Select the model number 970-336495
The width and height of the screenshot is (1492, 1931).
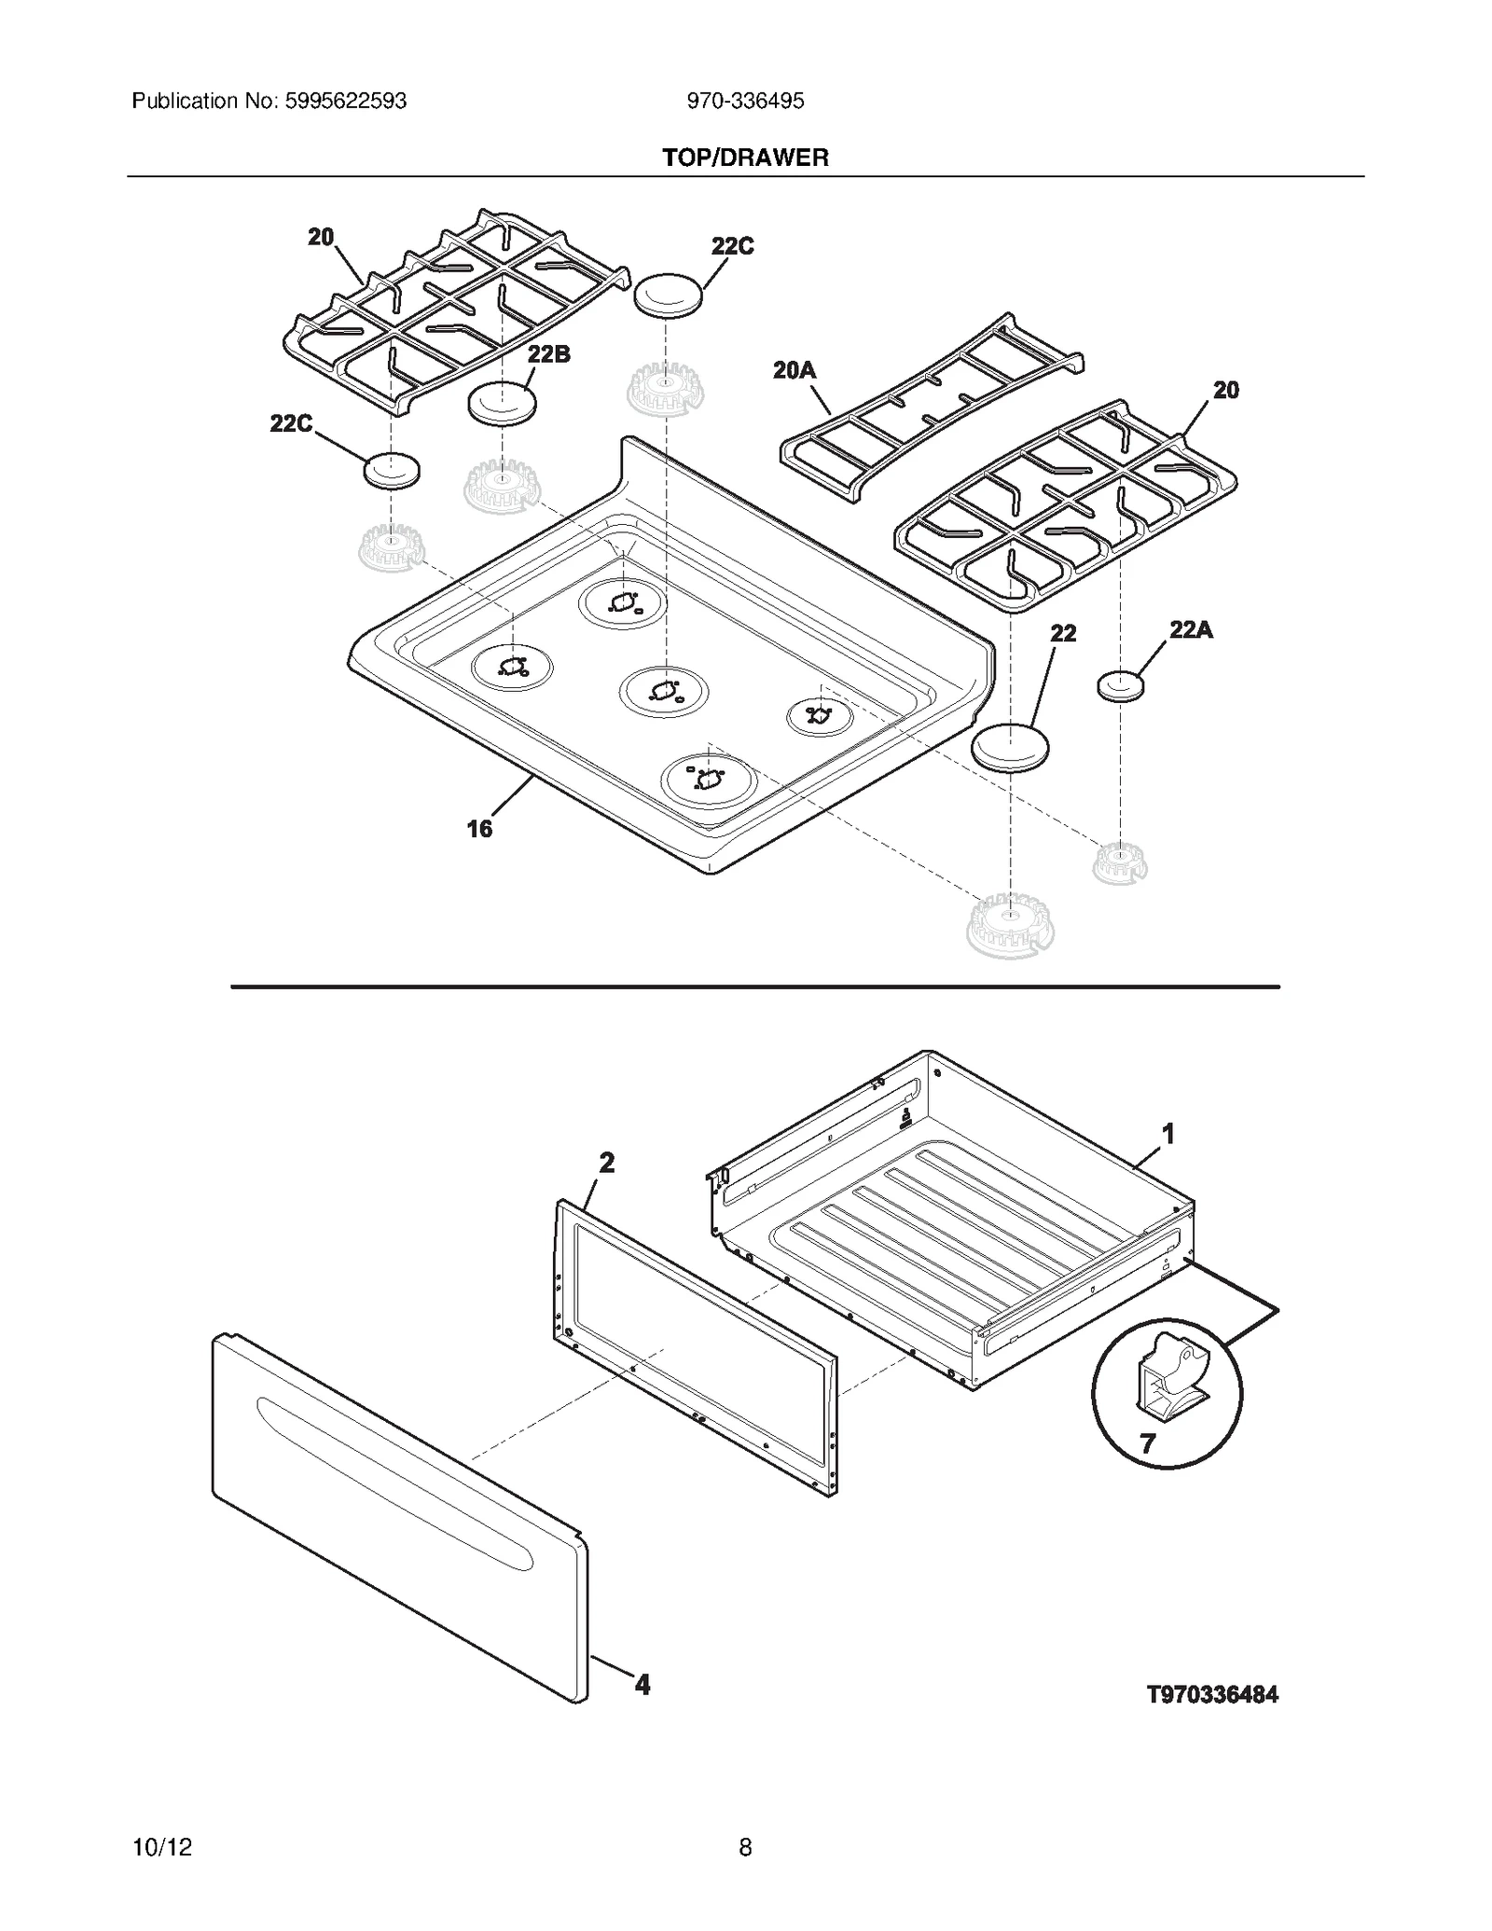(745, 101)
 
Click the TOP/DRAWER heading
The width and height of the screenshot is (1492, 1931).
(745, 158)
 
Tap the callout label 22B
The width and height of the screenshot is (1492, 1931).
(548, 354)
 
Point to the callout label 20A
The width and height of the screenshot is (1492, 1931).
(794, 370)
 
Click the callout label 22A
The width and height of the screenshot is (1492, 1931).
(1191, 630)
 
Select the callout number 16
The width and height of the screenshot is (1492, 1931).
(478, 828)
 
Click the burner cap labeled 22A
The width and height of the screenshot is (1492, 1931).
(1120, 687)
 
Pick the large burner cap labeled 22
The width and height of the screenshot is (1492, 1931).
(1010, 747)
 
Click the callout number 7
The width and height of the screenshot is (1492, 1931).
(1147, 1443)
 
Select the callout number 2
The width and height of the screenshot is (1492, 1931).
(606, 1163)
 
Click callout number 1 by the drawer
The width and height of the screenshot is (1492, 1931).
(1167, 1134)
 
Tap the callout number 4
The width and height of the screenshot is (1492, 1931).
(642, 1684)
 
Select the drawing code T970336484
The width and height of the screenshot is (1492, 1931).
(1212, 1695)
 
